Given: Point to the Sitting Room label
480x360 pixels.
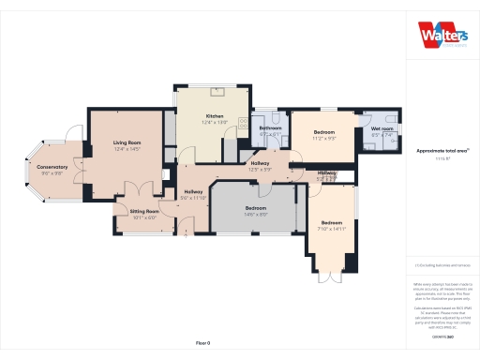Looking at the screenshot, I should click(x=144, y=212).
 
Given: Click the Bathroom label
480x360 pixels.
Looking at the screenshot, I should click(x=271, y=128).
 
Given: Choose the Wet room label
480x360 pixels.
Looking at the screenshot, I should click(x=382, y=128).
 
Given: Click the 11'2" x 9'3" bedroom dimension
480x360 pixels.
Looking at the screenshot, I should click(x=324, y=139).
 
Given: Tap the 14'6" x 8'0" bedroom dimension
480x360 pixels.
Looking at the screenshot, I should click(x=256, y=215).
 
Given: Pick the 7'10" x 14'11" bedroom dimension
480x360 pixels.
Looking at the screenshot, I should click(x=332, y=229).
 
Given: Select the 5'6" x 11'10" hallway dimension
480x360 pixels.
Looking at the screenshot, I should click(x=193, y=198).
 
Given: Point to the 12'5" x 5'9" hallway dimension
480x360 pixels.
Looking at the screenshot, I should click(x=260, y=170).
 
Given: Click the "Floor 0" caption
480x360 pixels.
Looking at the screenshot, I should click(x=202, y=343).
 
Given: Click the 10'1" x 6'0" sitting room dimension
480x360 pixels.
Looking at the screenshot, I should click(x=144, y=218).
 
